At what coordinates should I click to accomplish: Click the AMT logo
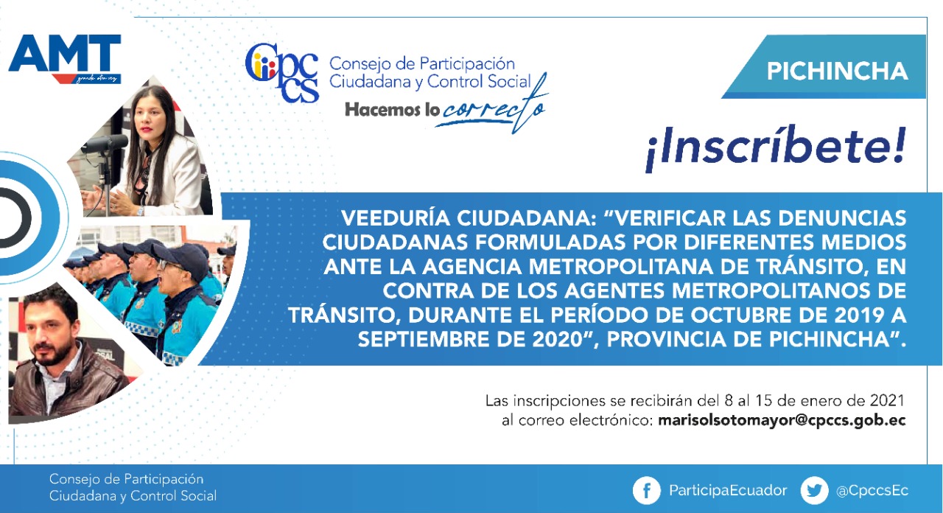[x=65, y=58]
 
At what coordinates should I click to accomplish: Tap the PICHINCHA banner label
[x=837, y=71]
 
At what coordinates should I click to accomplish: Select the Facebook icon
[x=646, y=491]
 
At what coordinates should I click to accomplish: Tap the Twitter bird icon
[x=814, y=491]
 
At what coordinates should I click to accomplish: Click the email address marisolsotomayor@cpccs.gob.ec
[x=782, y=421]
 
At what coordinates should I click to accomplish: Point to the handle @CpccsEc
[x=872, y=491]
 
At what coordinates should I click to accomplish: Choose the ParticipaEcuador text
[x=728, y=491]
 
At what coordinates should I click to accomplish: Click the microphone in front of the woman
[x=105, y=144]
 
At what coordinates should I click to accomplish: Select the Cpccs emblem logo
[x=282, y=72]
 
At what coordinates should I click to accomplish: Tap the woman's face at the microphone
[x=150, y=119]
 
